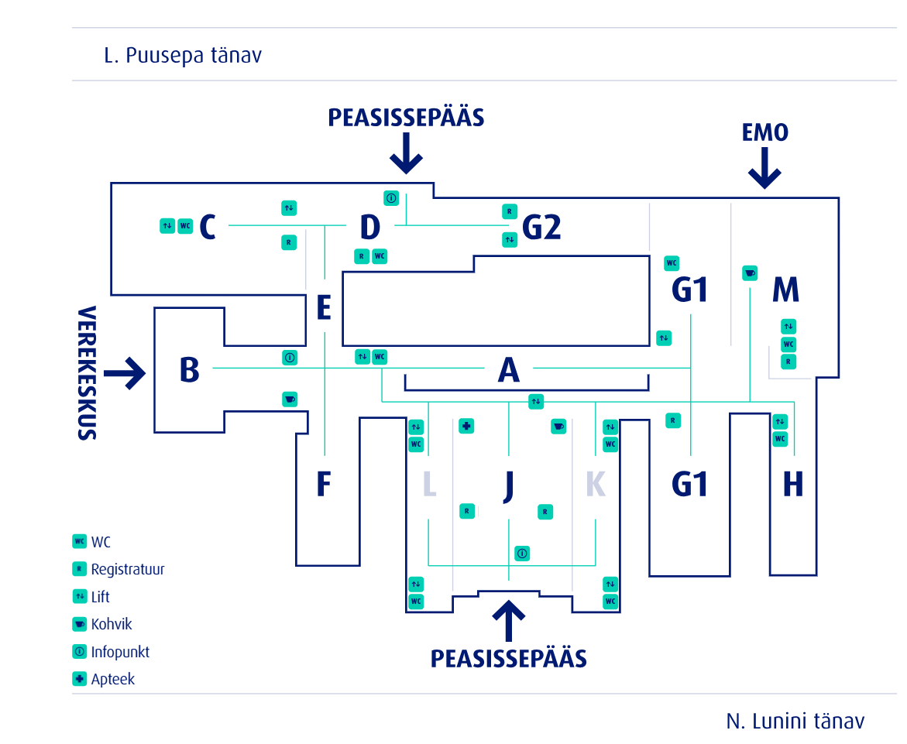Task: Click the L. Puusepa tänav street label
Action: click(x=183, y=56)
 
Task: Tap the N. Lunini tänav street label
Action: click(x=795, y=722)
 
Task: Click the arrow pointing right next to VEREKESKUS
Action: click(x=125, y=372)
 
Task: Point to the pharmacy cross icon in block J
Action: click(x=466, y=426)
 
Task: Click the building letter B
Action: click(x=189, y=370)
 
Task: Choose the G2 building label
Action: click(x=541, y=228)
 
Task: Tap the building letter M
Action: click(x=785, y=290)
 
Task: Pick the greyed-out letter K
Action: click(x=595, y=485)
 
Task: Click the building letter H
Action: click(x=792, y=485)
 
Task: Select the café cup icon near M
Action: click(x=749, y=273)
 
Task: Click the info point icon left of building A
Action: click(x=290, y=358)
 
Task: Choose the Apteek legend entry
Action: click(x=112, y=679)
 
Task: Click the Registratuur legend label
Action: click(x=128, y=569)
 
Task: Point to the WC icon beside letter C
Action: click(x=185, y=226)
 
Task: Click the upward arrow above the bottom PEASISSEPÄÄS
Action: click(x=508, y=619)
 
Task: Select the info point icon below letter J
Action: click(x=522, y=554)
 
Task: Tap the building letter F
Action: click(x=324, y=485)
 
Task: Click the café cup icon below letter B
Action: click(x=290, y=399)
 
